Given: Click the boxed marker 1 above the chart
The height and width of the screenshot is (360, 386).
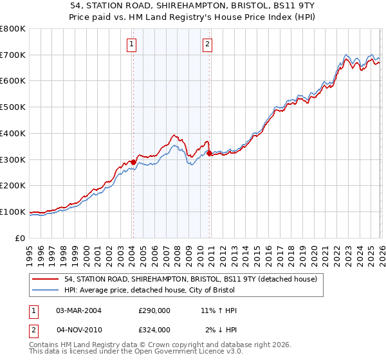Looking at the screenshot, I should [131, 44].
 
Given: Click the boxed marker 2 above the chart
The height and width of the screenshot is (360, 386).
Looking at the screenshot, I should [208, 44].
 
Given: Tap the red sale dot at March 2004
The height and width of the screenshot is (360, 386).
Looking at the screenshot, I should [133, 162].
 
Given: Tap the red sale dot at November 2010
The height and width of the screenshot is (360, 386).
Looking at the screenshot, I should [210, 153].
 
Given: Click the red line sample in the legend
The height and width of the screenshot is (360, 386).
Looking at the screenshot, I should [46, 280].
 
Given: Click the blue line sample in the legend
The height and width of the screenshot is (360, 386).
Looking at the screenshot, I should [46, 291].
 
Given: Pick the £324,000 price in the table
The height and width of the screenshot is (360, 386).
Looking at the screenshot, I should [154, 330].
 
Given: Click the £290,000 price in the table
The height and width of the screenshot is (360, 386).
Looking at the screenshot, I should [154, 310].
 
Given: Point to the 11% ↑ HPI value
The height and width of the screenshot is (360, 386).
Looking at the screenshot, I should [219, 310].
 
